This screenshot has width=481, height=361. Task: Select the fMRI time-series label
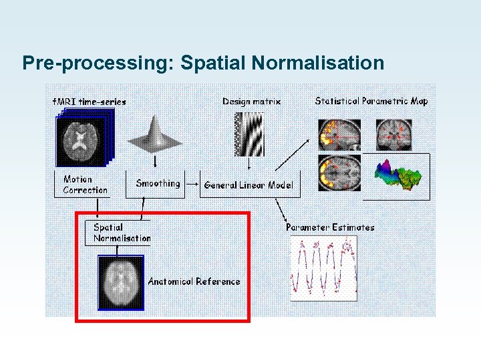pos(89,102)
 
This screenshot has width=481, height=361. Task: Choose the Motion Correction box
pos(84,185)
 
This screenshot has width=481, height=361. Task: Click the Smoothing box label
pos(158,183)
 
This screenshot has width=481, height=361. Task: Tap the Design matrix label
pos(251,101)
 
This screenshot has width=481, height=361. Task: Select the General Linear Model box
pos(248,185)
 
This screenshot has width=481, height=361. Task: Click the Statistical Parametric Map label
pos(371,101)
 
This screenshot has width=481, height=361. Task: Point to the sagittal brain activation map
pos(339,134)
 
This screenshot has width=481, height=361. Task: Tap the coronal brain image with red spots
pos(395,135)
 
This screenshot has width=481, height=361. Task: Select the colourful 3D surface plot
pos(398,175)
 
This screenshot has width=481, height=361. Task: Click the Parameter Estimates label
pos(330,227)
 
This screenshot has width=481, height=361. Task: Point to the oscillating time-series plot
pos(324,267)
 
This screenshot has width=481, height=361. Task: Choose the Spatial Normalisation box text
pos(122,233)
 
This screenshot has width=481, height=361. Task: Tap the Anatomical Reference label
pos(194,281)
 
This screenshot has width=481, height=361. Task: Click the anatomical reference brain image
pos(121,282)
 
